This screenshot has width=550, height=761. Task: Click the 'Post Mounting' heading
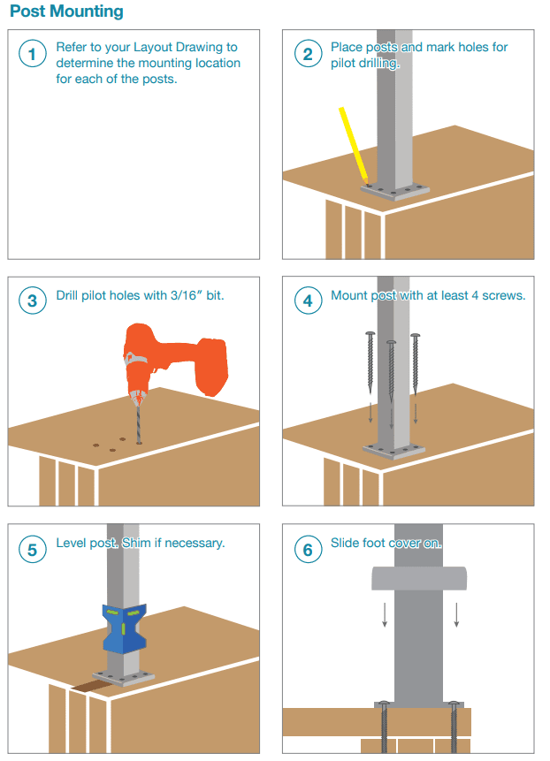[x=66, y=11]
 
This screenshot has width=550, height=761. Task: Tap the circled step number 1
[x=33, y=53]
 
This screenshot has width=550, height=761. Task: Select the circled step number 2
[x=308, y=53]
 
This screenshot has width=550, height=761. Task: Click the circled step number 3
[x=33, y=301]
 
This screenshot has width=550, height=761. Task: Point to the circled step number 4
[x=308, y=301]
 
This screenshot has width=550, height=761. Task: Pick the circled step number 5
[x=33, y=550]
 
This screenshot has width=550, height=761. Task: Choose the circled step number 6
[x=308, y=550]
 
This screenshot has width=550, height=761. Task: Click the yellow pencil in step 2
[x=354, y=145]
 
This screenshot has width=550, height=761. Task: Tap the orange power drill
[x=175, y=359]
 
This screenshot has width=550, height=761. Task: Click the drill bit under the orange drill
[x=138, y=423]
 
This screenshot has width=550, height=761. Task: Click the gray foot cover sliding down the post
[x=419, y=578]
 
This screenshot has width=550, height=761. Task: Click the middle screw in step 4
[x=391, y=370]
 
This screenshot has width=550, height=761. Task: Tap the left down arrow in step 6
[x=385, y=614]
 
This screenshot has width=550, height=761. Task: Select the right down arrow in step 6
[x=456, y=614]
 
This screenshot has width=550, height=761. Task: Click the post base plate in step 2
[x=394, y=191]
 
